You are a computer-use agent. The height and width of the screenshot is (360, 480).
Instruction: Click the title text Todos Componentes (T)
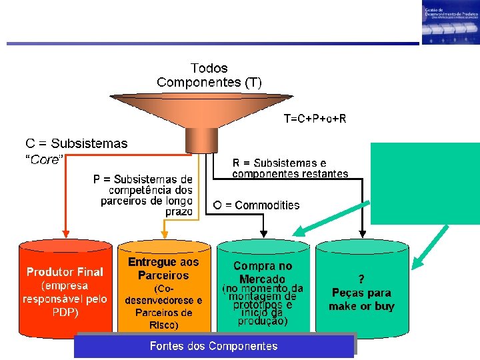(x=209, y=75)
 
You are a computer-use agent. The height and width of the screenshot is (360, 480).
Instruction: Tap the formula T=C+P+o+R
(x=315, y=119)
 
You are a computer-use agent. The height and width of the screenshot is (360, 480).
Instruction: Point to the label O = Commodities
(x=256, y=205)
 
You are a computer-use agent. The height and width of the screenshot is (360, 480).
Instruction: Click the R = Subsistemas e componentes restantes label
(x=290, y=168)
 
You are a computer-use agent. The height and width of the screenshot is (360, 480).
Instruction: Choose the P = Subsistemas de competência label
(x=144, y=194)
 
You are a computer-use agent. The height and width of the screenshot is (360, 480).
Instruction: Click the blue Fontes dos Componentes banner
(x=214, y=346)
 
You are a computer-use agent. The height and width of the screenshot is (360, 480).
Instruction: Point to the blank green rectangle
(x=425, y=183)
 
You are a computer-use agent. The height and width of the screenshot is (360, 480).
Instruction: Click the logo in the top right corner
(x=450, y=23)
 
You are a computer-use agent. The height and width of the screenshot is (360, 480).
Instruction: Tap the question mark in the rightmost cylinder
(x=361, y=279)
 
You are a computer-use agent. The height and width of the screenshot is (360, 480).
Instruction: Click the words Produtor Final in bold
(x=65, y=272)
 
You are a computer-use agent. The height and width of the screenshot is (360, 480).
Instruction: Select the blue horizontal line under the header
(x=213, y=44)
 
